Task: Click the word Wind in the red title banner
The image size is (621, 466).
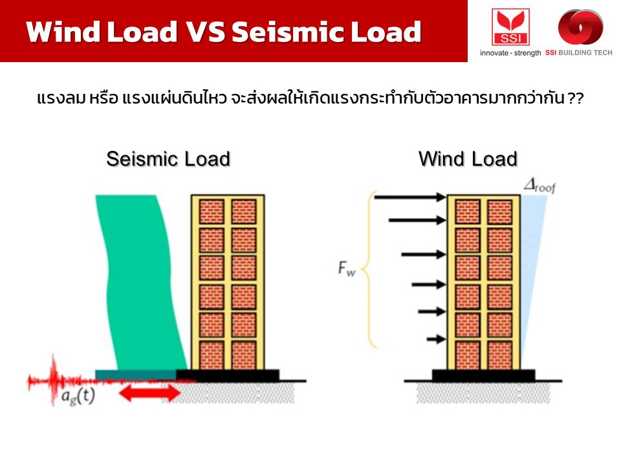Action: tap(69, 32)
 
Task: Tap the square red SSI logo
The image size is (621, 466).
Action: tap(510, 27)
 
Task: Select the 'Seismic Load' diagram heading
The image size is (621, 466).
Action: tap(168, 159)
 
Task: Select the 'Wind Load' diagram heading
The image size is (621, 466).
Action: tap(468, 159)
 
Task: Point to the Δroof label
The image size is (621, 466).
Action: tap(539, 187)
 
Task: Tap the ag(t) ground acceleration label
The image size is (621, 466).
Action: tap(77, 397)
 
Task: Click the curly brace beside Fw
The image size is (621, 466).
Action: tap(371, 268)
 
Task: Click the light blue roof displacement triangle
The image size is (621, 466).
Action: tap(532, 272)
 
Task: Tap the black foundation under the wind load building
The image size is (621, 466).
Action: tap(483, 375)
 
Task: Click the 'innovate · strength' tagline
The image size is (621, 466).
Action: tap(510, 52)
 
